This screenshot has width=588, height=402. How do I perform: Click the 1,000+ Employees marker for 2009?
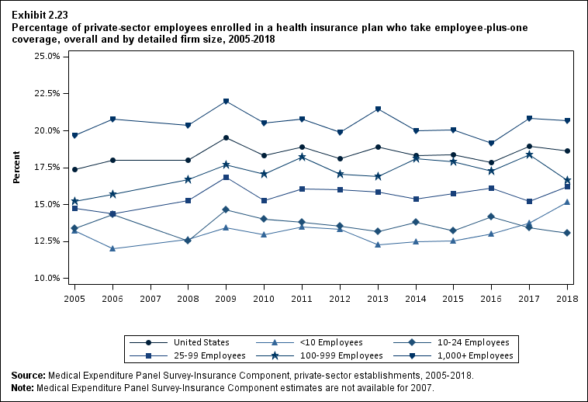[x=226, y=102]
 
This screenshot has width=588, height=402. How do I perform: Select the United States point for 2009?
[x=226, y=137]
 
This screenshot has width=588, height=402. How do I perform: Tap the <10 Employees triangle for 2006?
[x=113, y=248]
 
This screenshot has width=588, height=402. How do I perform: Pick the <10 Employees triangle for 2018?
[x=568, y=202]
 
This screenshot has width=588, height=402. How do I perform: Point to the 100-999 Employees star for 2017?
[x=530, y=154]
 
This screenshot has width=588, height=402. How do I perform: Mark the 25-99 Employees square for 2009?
[x=226, y=178]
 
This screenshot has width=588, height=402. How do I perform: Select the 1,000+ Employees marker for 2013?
[x=378, y=109]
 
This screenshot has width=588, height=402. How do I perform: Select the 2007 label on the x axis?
[x=150, y=298]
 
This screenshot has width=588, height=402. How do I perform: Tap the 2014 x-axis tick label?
[x=416, y=298]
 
